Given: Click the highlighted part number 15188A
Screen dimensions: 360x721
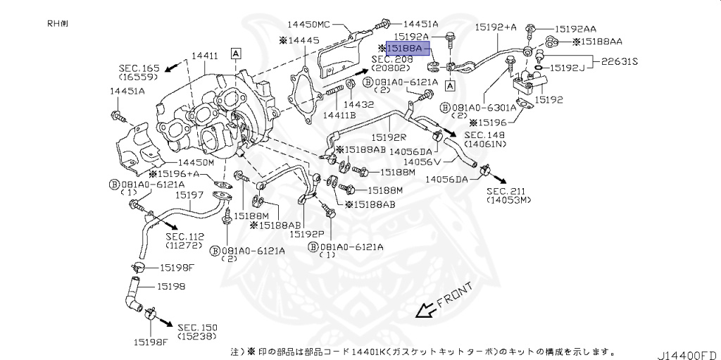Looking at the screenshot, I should point(403,49).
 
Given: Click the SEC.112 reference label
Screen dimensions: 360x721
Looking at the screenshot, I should point(184,237).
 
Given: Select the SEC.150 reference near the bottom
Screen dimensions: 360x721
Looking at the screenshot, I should point(197,328).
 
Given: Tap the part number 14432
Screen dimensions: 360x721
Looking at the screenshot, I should point(358,104).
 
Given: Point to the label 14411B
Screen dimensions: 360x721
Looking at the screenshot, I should point(339,115).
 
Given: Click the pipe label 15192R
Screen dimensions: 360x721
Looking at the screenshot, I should point(389,138).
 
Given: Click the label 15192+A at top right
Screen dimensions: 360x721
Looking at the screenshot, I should point(495,27).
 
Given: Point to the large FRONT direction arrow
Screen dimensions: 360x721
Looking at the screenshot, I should point(426,309).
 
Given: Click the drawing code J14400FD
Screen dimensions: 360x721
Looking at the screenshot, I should point(687,352).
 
